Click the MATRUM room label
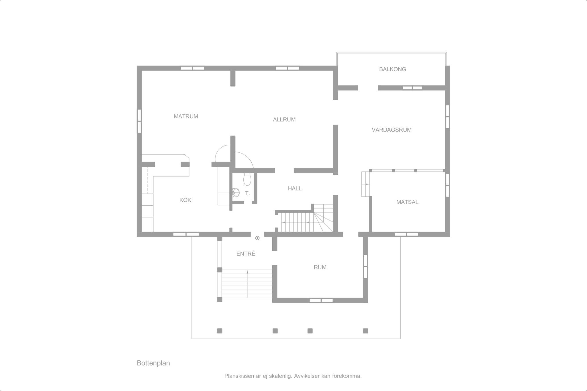click(186, 116)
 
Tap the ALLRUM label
click(284, 119)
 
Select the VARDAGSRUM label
click(392, 130)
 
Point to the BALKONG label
click(392, 69)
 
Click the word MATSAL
click(407, 202)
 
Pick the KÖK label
click(185, 200)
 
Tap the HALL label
click(295, 188)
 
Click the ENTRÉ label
click(246, 253)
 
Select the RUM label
click(320, 267)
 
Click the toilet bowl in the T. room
click(247, 179)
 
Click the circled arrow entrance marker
click(257, 238)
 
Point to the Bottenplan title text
click(153, 363)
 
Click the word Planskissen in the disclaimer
click(238, 376)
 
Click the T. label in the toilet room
click(247, 193)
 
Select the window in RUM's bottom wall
click(321, 300)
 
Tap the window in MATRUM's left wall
click(139, 121)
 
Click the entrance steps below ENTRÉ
click(247, 284)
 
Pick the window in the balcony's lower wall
click(412, 88)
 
